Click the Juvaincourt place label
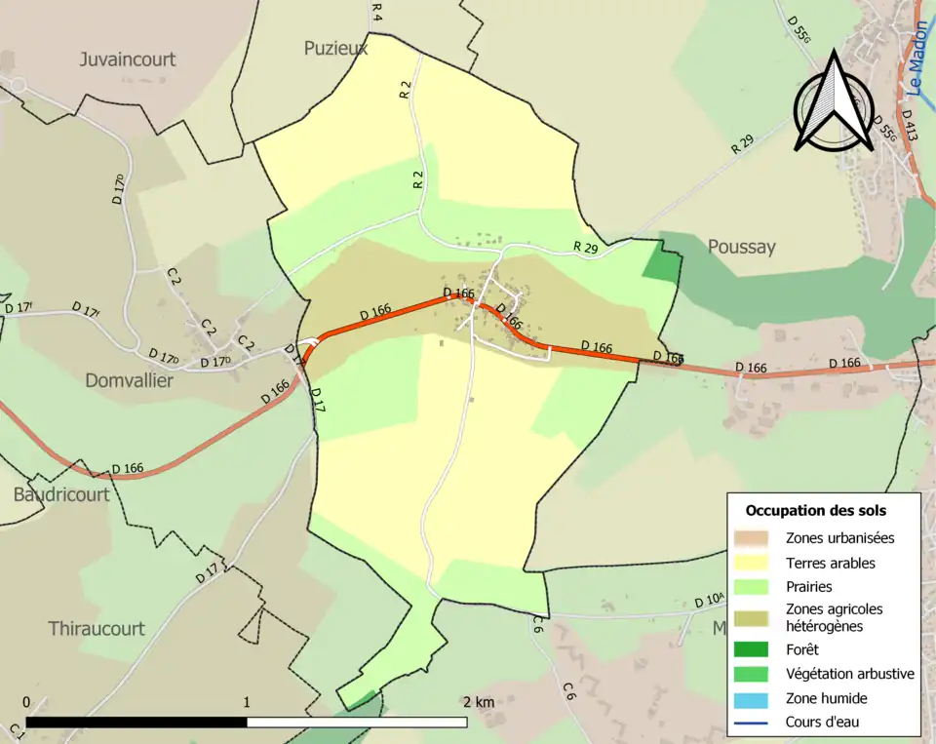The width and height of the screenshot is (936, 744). (x=127, y=59)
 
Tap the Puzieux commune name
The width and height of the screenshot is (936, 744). (x=335, y=48)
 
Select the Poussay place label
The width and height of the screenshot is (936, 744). (x=742, y=247)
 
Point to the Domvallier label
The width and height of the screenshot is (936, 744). (x=129, y=381)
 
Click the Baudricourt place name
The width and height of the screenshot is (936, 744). (x=60, y=494)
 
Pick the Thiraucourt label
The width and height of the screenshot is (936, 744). (x=97, y=629)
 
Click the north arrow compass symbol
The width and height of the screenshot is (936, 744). (x=831, y=102)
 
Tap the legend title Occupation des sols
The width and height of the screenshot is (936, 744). (x=816, y=510)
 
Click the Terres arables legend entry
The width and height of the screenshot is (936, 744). (x=830, y=563)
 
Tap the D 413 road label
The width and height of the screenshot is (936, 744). (x=910, y=127)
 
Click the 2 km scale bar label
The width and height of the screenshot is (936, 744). (x=478, y=702)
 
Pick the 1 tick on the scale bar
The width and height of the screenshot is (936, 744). (x=247, y=702)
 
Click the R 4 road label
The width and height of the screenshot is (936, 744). (x=377, y=12)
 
